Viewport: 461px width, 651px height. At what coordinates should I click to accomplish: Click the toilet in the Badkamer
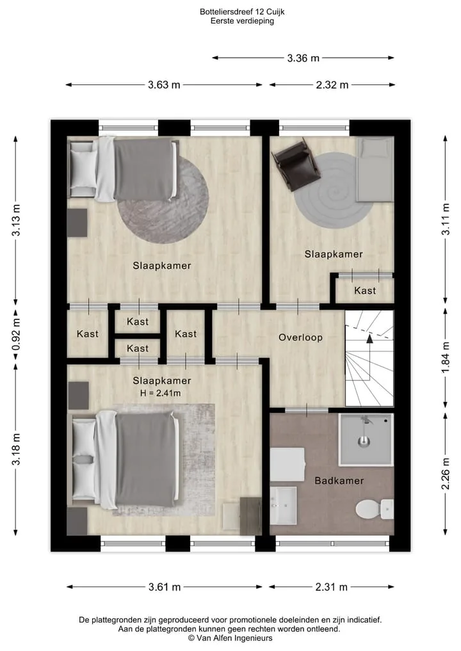coord(375,509)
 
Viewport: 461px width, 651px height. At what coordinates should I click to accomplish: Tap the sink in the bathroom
coord(284,505)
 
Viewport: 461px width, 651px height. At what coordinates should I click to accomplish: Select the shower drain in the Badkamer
coord(364,440)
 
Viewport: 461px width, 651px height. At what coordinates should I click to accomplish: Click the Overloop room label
coord(300,337)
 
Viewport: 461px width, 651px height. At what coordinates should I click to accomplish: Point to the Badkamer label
coord(339,481)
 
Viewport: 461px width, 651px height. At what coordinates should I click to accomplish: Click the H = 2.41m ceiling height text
coord(160,393)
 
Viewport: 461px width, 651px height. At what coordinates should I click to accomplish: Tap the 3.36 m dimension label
coord(303,58)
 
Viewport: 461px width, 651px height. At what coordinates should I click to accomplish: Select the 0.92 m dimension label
coord(16,334)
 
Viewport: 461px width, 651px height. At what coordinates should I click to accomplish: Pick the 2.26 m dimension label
coord(445,474)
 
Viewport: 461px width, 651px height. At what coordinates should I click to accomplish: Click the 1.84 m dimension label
coord(445,357)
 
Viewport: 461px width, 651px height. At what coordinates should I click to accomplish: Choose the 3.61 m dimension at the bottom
coord(165,587)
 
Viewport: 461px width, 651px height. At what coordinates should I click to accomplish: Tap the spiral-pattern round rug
coord(333,190)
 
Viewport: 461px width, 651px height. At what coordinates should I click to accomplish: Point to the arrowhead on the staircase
coord(369,339)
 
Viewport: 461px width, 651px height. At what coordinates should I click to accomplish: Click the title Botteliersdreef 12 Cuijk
coord(242,12)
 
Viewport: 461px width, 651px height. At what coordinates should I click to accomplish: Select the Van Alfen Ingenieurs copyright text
coord(230,638)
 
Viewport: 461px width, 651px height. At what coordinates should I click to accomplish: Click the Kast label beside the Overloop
coord(186,334)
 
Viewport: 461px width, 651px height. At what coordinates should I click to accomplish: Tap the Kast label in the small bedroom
coord(365,291)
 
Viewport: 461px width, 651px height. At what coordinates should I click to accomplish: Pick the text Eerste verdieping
coord(242,21)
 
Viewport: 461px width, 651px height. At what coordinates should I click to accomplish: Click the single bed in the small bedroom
coord(375,170)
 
